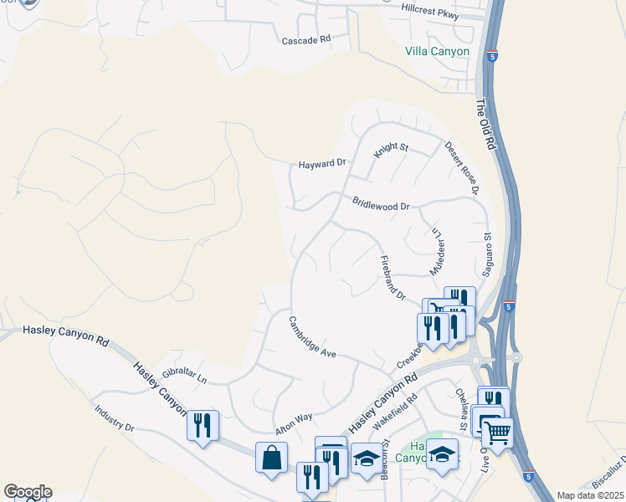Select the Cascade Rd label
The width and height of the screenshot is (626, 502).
pyautogui.click(x=306, y=40)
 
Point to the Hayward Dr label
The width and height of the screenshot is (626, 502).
pyautogui.click(x=322, y=164)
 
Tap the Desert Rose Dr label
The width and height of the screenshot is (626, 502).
pyautogui.click(x=461, y=168)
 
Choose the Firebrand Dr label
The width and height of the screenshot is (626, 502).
pyautogui.click(x=392, y=278)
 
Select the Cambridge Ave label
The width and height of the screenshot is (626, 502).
pyautogui.click(x=311, y=336)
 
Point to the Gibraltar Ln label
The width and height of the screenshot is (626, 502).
pyautogui.click(x=184, y=374)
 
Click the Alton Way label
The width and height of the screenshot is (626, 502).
pyautogui.click(x=294, y=423)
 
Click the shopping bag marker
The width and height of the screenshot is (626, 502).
pyautogui.click(x=272, y=458)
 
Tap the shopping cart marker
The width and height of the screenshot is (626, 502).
pyautogui.click(x=497, y=433)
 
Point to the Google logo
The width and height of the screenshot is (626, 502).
pyautogui.click(x=28, y=492)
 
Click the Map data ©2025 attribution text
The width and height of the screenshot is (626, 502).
pyautogui.click(x=589, y=495)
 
